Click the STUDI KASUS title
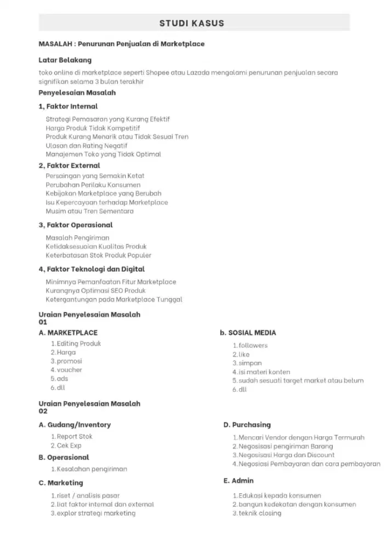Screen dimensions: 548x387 (x=191, y=23)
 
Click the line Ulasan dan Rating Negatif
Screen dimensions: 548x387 (x=87, y=145)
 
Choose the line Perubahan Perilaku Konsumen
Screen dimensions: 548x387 (x=89, y=185)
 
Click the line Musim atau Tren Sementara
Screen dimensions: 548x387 (x=90, y=211)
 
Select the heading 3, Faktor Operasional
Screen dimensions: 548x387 (x=76, y=225)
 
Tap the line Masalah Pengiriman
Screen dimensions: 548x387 (x=78, y=237)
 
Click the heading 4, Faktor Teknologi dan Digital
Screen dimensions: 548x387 (x=92, y=269)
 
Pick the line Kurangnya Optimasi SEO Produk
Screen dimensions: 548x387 (x=96, y=290)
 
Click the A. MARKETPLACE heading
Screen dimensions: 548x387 (x=68, y=333)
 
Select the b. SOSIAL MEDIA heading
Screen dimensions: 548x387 (x=248, y=333)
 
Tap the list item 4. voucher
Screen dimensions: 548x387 (x=66, y=370)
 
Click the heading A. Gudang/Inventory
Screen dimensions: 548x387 (x=75, y=425)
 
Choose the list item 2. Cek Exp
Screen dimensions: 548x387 (x=66, y=446)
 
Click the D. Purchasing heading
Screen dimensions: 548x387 (x=247, y=425)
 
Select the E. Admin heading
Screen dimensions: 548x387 (x=238, y=481)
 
